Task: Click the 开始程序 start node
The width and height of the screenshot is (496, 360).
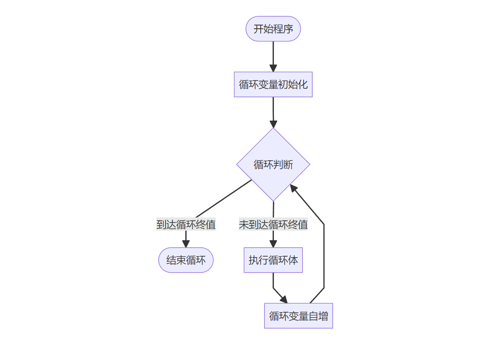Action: point(273,29)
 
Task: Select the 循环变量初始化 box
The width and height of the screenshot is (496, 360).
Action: point(273,84)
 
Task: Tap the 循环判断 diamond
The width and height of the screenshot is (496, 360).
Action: point(273,164)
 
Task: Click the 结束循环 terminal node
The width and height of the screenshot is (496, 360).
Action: point(186,260)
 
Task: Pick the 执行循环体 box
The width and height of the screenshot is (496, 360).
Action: point(273,260)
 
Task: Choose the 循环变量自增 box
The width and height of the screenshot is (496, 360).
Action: point(299,315)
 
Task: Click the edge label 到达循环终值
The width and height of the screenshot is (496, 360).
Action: point(186,224)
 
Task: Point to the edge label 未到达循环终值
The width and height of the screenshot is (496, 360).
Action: point(273,224)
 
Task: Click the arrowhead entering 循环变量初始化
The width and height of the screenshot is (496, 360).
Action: point(273,68)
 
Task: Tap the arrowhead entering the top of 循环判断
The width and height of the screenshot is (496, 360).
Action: point(273,124)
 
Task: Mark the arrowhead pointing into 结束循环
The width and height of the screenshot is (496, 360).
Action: point(186,244)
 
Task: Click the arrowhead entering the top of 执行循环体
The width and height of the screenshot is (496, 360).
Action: point(273,244)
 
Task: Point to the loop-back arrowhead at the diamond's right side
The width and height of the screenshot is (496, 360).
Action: point(294,188)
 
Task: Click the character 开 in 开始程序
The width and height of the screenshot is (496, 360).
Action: point(258,29)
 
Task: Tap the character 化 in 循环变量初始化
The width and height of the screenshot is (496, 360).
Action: point(303,84)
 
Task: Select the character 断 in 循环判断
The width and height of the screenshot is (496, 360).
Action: point(288,165)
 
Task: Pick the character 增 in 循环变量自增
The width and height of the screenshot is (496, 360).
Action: point(323,315)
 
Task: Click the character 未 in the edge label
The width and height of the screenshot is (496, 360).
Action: point(244,224)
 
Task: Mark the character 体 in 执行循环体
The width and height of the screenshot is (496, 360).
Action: point(293,260)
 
